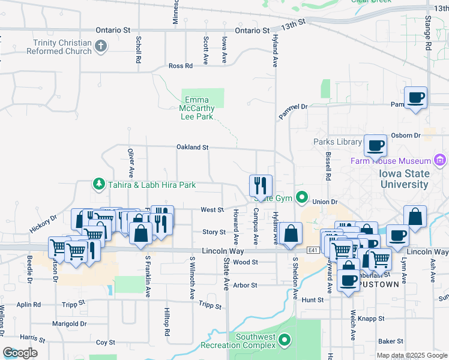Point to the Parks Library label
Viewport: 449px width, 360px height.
tap(337, 142)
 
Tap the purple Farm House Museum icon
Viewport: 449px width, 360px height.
tap(441, 160)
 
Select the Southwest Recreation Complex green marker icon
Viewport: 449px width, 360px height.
tap(285, 340)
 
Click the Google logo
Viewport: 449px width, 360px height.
tap(20, 353)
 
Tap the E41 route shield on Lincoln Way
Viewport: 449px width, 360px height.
tap(313, 250)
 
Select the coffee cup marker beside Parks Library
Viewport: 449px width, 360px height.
tap(376, 145)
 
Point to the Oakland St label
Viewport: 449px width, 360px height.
tap(192, 146)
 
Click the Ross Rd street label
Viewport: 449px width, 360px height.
tap(180, 66)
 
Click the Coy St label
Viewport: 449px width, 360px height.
tap(106, 343)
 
